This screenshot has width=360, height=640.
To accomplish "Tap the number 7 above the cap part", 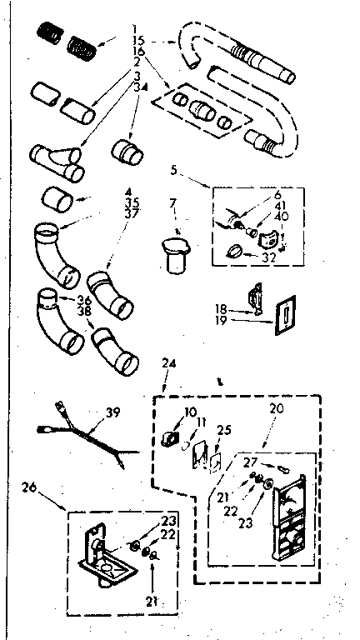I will (172, 203).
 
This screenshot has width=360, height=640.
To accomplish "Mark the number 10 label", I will (190, 412).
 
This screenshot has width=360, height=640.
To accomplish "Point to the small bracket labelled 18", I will (255, 296).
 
